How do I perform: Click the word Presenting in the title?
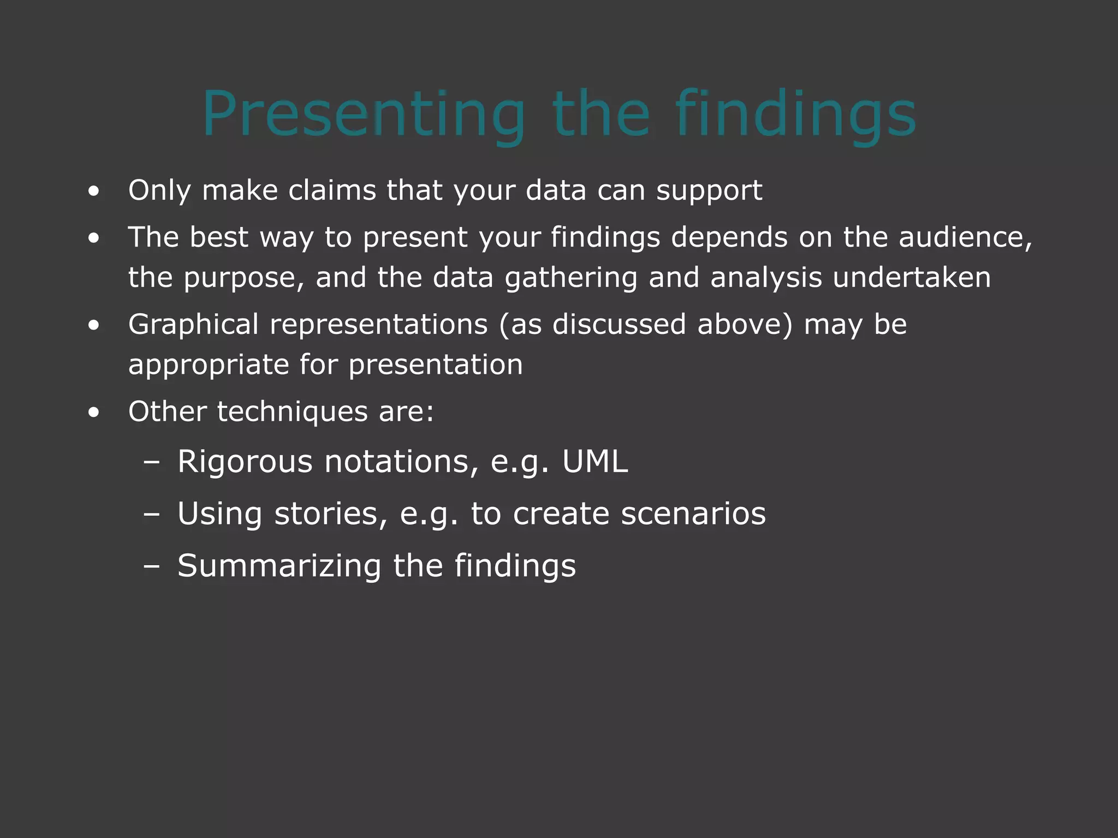[x=363, y=115]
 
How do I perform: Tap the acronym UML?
[x=595, y=462]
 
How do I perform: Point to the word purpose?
[x=243, y=278]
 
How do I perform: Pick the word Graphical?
[x=193, y=325]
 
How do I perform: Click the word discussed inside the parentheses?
[x=619, y=325]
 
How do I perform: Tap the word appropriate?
[x=208, y=365]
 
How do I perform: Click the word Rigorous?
[x=245, y=462]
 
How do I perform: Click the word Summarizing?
[x=279, y=566]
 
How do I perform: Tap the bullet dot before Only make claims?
[x=94, y=191]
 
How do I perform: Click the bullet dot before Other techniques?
[x=94, y=412]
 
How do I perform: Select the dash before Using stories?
[x=151, y=514]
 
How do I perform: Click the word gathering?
[x=571, y=278]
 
